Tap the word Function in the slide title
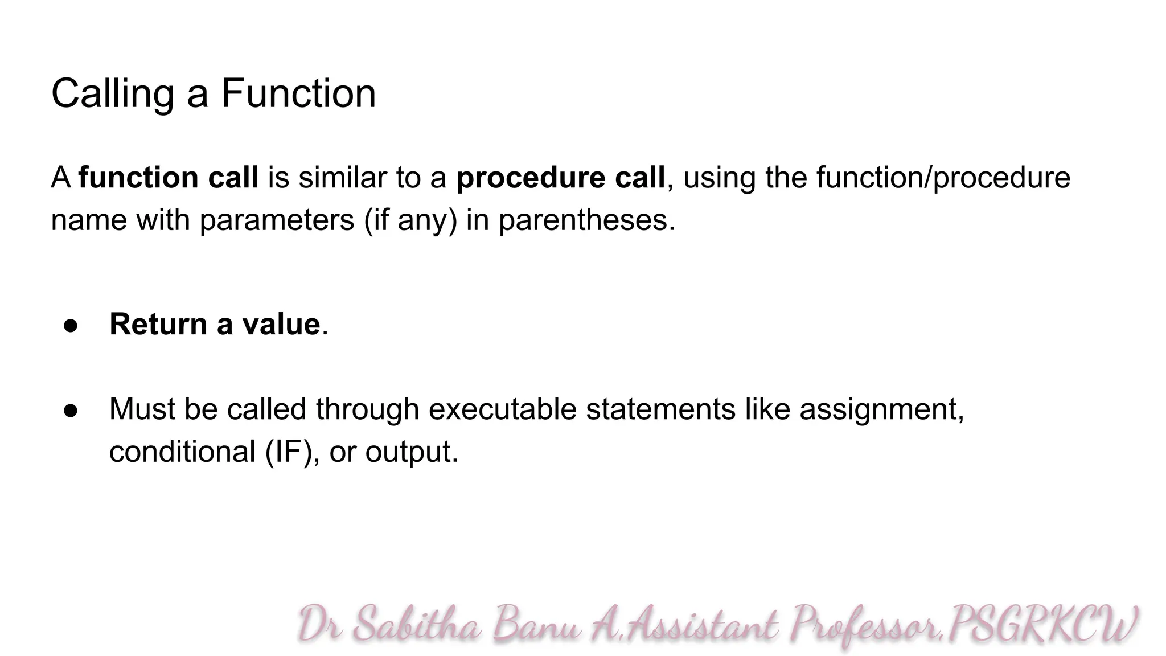298,93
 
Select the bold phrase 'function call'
169,178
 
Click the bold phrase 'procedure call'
560,178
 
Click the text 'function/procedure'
943,178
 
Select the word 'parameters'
277,220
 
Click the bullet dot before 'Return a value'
71,326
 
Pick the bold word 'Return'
158,325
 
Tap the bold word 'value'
281,325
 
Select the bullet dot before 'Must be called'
71,411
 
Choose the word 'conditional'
182,452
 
